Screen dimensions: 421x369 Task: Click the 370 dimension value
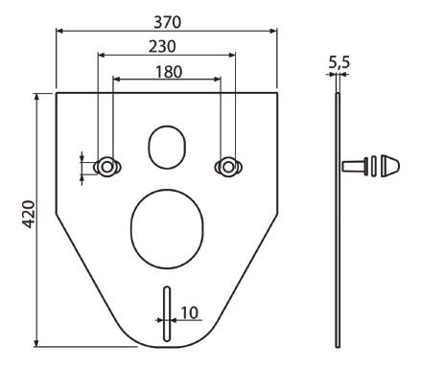167,22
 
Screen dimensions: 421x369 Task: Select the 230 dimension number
162,47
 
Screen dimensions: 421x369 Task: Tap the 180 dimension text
169,72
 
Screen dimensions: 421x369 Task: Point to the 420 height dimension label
29,214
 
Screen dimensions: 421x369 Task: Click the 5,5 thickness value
339,62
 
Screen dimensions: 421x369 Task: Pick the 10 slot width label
190,312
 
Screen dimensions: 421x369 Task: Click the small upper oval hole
167,147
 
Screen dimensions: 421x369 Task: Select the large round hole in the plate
167,229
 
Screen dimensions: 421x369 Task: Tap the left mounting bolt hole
107,167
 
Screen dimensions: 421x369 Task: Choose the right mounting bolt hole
228,167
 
